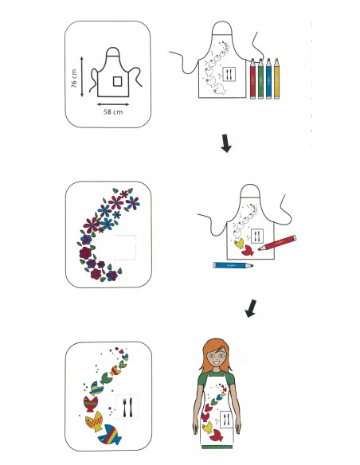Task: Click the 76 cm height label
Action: point(74,79)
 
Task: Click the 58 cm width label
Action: point(113,112)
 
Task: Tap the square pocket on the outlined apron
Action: point(117,81)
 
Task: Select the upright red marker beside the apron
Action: point(252,79)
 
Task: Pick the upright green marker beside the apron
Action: point(260,79)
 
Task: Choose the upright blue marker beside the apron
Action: point(268,79)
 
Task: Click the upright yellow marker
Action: point(276,79)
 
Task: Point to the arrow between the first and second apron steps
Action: point(226,143)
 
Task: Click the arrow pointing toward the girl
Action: point(251,308)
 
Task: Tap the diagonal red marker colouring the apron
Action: point(277,243)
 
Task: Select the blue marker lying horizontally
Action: point(233,265)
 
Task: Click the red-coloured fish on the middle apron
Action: point(248,250)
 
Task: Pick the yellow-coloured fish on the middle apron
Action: point(239,244)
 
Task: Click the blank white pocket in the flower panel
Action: point(125,248)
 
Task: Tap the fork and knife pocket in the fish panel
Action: point(127,407)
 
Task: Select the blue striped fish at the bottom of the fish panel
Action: point(110,435)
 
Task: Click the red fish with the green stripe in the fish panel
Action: point(91,404)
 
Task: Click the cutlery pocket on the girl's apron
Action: point(226,419)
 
